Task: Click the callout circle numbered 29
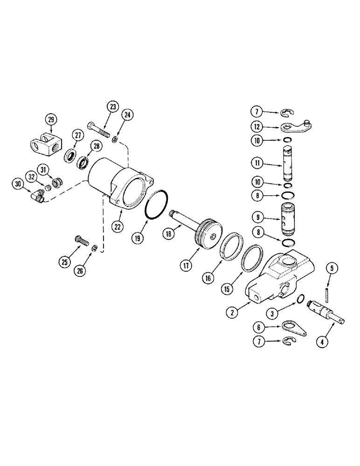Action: (51, 120)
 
